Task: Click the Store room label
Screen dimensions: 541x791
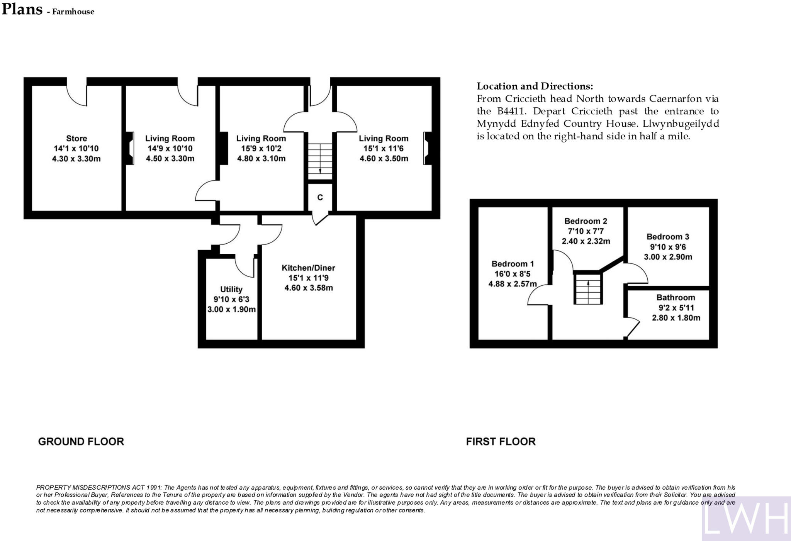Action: click(76, 138)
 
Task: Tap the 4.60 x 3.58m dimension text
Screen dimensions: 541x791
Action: click(309, 288)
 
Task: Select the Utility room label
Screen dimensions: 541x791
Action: click(231, 289)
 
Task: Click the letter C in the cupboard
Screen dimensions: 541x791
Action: click(320, 198)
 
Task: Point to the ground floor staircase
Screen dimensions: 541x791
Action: click(320, 159)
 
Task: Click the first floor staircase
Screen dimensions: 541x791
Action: click(587, 289)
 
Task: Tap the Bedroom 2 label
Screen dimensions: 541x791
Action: click(586, 221)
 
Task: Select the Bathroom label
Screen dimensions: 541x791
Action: click(676, 298)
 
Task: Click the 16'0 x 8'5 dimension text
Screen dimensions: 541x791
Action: click(512, 274)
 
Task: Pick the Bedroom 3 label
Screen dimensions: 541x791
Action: click(668, 237)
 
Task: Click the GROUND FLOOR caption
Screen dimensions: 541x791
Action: click(81, 441)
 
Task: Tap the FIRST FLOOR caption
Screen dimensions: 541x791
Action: click(501, 441)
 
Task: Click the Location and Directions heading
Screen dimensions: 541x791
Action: click(535, 86)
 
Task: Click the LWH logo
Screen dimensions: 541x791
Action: click(745, 518)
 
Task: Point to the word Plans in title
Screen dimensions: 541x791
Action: click(22, 9)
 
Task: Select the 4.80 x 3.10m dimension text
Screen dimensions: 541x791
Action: click(261, 159)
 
